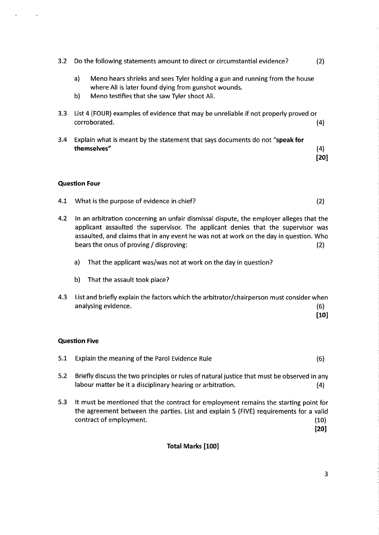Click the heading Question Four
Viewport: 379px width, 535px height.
79,183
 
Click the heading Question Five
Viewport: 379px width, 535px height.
78,341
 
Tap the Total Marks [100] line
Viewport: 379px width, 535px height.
193,446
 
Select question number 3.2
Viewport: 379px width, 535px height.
62,61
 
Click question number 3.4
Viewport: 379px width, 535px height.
62,140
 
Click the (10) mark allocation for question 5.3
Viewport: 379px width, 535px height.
320,420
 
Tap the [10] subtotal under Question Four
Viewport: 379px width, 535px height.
322,315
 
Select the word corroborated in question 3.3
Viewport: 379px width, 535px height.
94,122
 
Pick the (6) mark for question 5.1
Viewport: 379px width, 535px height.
320,359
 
